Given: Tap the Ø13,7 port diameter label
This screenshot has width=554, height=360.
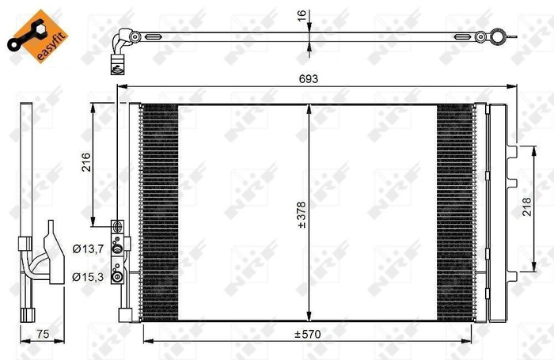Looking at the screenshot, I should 88,250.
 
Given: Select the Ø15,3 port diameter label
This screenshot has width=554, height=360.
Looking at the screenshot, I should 88,276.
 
